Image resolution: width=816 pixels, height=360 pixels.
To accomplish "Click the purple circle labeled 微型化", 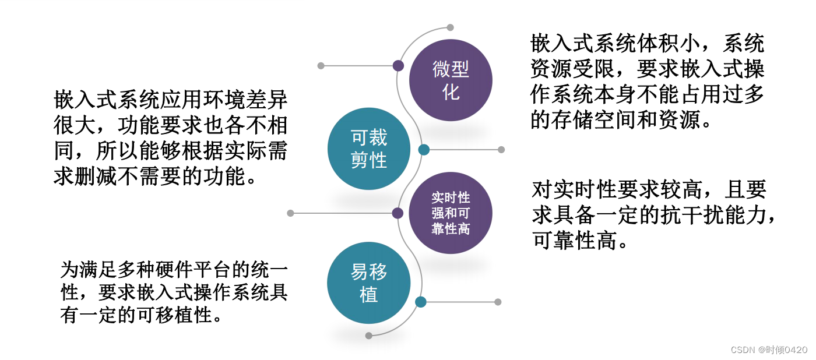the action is [x=451, y=80].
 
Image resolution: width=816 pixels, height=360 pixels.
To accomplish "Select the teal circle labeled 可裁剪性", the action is [x=369, y=149].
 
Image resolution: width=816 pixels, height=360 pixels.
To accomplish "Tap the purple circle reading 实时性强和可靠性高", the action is [x=451, y=213].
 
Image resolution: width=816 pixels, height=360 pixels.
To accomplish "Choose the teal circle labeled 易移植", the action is [x=369, y=283].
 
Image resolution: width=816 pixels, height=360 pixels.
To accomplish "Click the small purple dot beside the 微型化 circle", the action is [x=398, y=66].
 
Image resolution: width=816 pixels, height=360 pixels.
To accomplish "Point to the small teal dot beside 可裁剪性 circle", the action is [x=424, y=150].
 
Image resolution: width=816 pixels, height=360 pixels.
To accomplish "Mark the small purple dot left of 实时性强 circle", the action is [x=398, y=213].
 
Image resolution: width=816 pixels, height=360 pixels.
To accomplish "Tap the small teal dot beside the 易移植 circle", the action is [x=421, y=302].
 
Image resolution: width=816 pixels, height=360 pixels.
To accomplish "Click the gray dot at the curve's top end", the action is [x=450, y=27].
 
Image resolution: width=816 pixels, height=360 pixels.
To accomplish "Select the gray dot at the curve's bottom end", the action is [x=368, y=336].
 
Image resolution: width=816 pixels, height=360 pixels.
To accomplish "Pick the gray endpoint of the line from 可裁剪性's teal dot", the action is [x=501, y=150].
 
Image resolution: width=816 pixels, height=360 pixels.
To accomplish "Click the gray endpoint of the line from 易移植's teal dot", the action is [x=498, y=302].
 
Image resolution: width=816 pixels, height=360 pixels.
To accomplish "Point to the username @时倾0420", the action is [x=782, y=350].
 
